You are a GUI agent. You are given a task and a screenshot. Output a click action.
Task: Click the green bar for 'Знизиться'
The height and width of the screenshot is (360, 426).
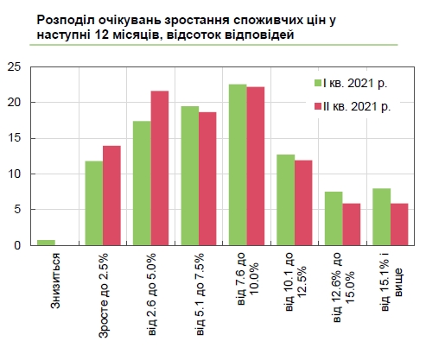pyautogui.click(x=46, y=243)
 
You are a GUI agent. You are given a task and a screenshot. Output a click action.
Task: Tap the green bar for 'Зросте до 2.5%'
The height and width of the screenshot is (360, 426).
pyautogui.click(x=93, y=203)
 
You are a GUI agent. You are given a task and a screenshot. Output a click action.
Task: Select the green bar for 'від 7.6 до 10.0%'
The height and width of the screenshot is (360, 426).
pyautogui.click(x=237, y=164)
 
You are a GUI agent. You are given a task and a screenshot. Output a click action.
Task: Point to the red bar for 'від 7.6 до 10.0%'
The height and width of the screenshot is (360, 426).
pyautogui.click(x=255, y=166)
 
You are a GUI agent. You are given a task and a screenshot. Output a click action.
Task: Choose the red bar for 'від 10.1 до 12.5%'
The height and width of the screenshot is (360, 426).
pyautogui.click(x=302, y=202)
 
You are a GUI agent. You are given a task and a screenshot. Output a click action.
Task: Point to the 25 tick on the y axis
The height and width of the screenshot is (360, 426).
pyautogui.click(x=14, y=66)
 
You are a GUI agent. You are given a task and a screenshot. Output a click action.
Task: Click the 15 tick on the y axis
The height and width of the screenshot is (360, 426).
pyautogui.click(x=14, y=138)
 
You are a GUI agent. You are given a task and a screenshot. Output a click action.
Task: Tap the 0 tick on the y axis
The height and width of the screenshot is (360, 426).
pyautogui.click(x=17, y=245)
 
